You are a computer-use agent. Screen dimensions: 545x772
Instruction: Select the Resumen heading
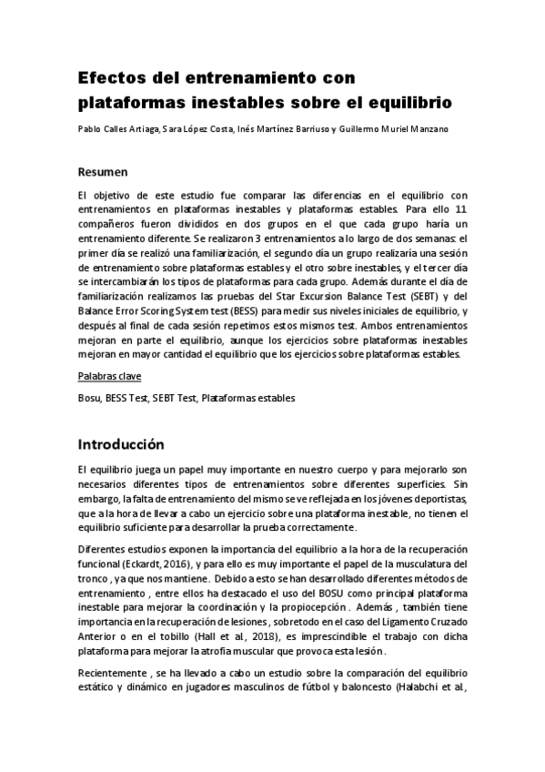(103, 172)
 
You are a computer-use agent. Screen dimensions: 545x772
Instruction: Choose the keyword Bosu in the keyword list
(89, 398)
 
